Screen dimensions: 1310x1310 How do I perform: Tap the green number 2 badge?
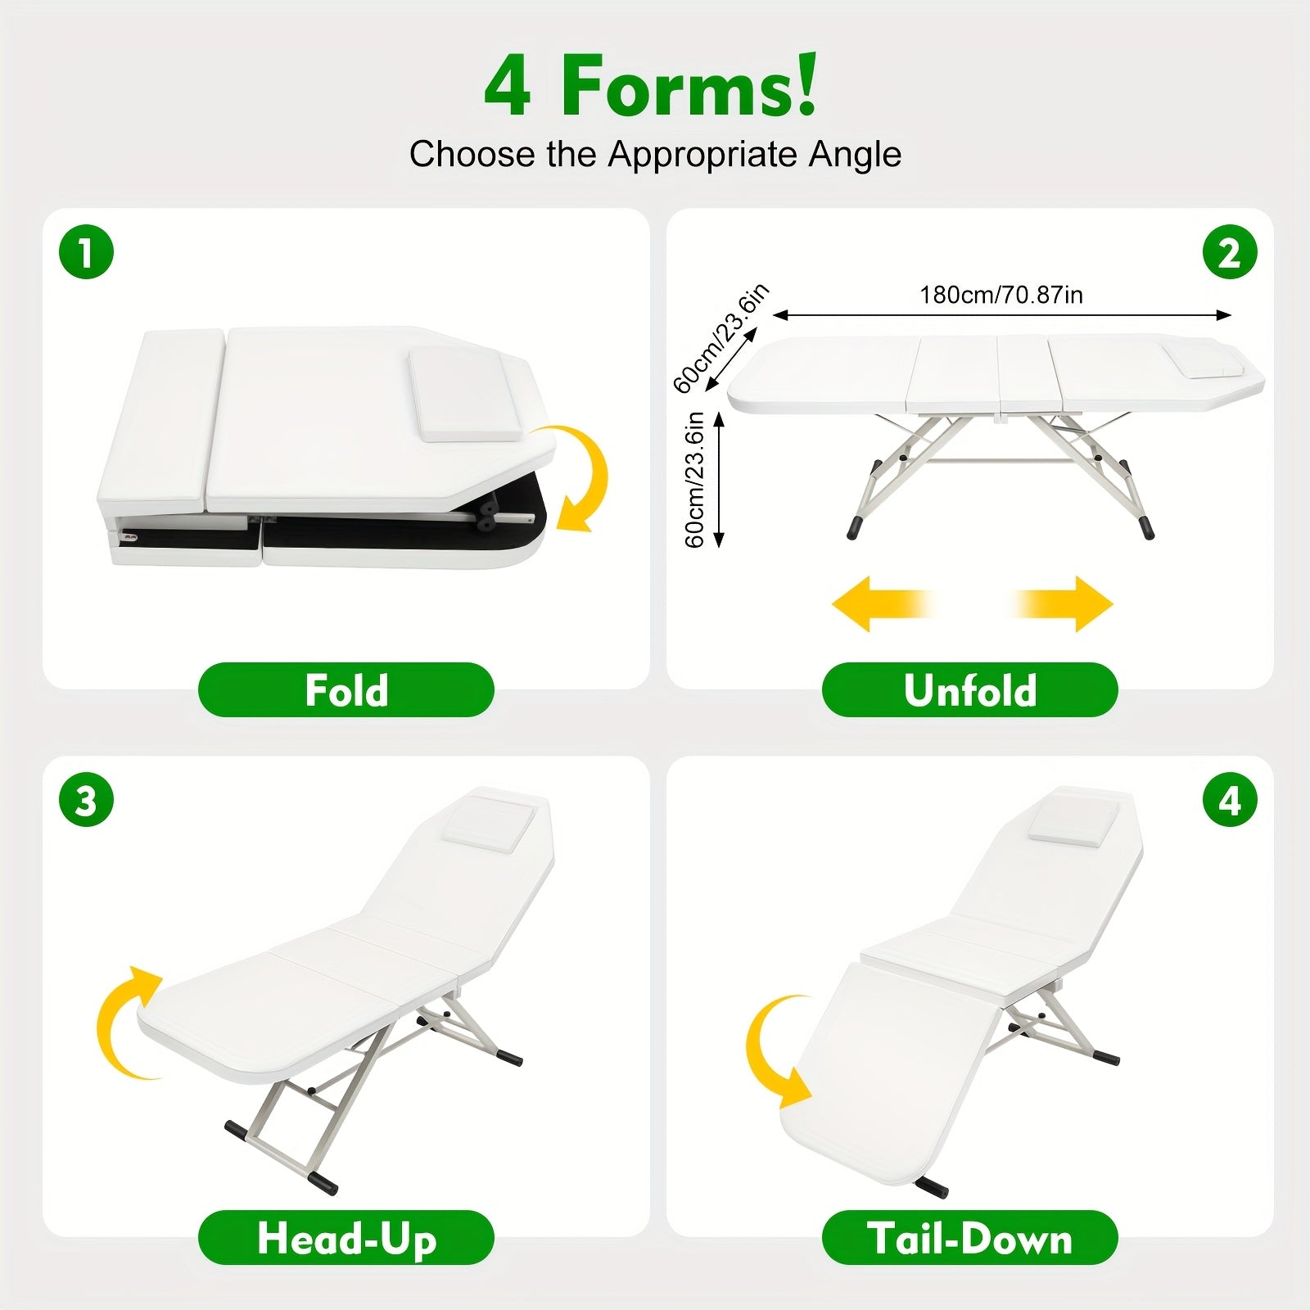[x=1230, y=252]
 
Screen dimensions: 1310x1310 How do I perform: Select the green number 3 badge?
[x=86, y=800]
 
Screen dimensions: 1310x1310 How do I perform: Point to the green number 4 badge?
[x=1230, y=800]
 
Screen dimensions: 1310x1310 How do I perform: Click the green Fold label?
[x=346, y=690]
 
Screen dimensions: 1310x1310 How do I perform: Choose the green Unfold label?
[x=970, y=690]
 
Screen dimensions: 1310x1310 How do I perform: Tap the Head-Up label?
[x=346, y=1238]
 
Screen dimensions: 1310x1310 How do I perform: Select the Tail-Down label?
[x=970, y=1238]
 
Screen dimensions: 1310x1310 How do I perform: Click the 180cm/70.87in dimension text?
[x=1001, y=295]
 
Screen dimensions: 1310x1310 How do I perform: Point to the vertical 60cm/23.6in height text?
[x=694, y=480]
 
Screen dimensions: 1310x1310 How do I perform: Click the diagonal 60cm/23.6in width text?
[x=720, y=338]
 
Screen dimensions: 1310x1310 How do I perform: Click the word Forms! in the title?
[x=689, y=86]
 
